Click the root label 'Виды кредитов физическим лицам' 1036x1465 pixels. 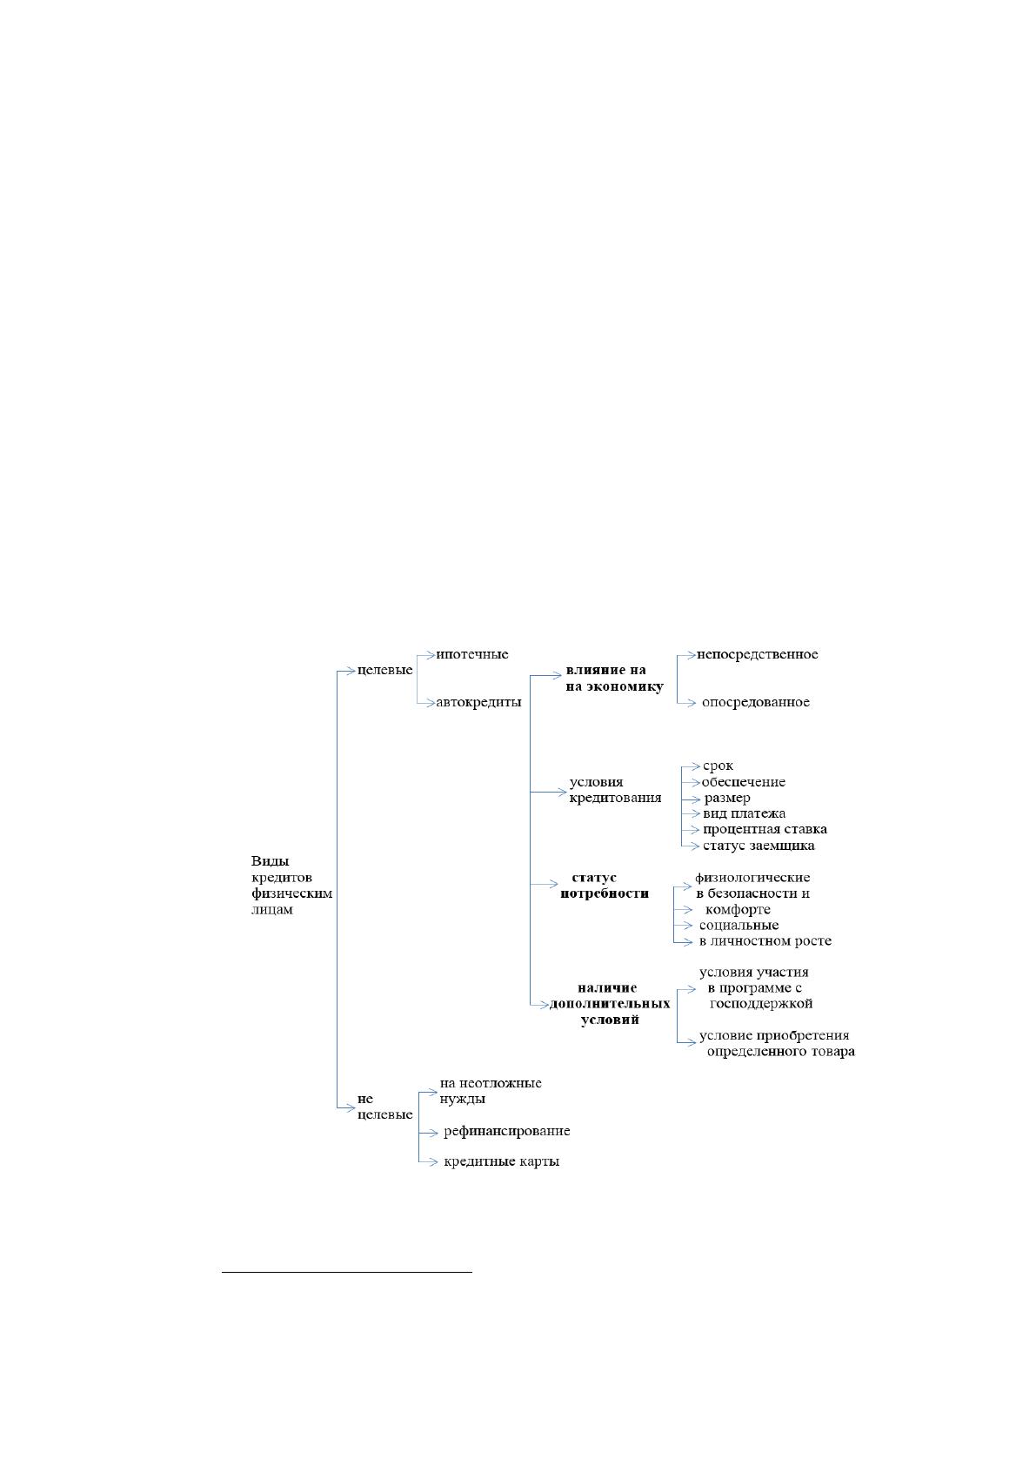pyautogui.click(x=291, y=885)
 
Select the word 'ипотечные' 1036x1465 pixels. pyautogui.click(x=472, y=654)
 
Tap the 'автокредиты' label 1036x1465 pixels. pyautogui.click(x=478, y=702)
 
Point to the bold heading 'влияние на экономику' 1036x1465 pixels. pyautogui.click(x=614, y=679)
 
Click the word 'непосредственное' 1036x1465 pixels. pyautogui.click(x=758, y=654)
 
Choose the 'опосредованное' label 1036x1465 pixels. pyautogui.click(x=755, y=702)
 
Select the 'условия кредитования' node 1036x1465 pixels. pyautogui.click(x=615, y=789)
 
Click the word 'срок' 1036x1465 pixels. pyautogui.click(x=719, y=766)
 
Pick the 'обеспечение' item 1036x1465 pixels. pyautogui.click(x=744, y=781)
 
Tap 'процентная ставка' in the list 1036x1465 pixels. pyautogui.click(x=765, y=829)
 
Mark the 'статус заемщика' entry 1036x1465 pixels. pyautogui.click(x=759, y=846)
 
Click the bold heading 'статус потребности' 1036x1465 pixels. pyautogui.click(x=605, y=885)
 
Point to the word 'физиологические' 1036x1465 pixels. pyautogui.click(x=752, y=877)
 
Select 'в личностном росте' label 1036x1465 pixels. pyautogui.click(x=765, y=940)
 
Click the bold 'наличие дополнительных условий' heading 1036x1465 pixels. pyautogui.click(x=610, y=1003)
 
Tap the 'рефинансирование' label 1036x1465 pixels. pyautogui.click(x=507, y=1131)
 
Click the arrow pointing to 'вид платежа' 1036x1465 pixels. pyautogui.click(x=691, y=814)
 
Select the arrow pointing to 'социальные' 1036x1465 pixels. pyautogui.click(x=683, y=926)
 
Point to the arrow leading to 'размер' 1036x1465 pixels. pyautogui.click(x=691, y=799)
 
